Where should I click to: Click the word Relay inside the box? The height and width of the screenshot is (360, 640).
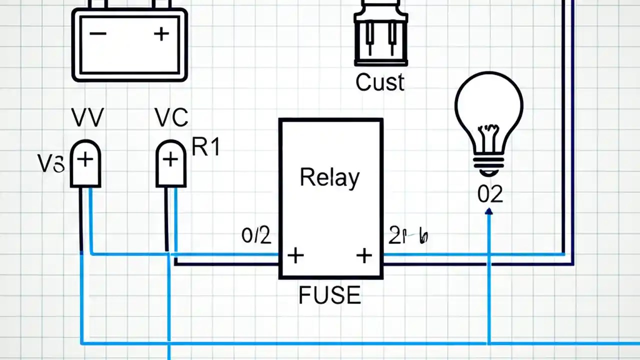click(x=329, y=178)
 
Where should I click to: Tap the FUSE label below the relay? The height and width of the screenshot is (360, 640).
click(x=329, y=295)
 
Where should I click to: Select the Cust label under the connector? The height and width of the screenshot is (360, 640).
click(x=380, y=82)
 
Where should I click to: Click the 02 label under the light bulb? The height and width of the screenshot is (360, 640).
click(x=489, y=194)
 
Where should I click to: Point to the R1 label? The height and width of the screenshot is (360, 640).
click(x=206, y=148)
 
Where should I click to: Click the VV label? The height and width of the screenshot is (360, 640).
click(x=87, y=118)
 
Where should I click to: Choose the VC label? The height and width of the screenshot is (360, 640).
click(x=171, y=118)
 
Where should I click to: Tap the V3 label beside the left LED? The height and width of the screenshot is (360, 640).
click(x=51, y=164)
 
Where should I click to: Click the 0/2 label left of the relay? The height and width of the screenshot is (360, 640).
click(x=256, y=235)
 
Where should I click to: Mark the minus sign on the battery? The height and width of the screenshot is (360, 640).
click(x=97, y=34)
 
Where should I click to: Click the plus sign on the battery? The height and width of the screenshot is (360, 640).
click(x=161, y=34)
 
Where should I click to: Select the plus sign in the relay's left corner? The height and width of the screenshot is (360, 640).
click(x=295, y=255)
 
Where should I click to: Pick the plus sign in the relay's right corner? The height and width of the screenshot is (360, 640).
click(x=364, y=255)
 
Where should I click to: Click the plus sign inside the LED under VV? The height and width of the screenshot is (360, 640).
click(x=85, y=159)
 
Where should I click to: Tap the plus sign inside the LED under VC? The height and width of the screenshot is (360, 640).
click(x=171, y=159)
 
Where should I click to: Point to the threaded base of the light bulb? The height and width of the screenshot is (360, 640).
click(x=488, y=165)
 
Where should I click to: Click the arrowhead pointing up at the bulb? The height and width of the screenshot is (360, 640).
click(x=489, y=212)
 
